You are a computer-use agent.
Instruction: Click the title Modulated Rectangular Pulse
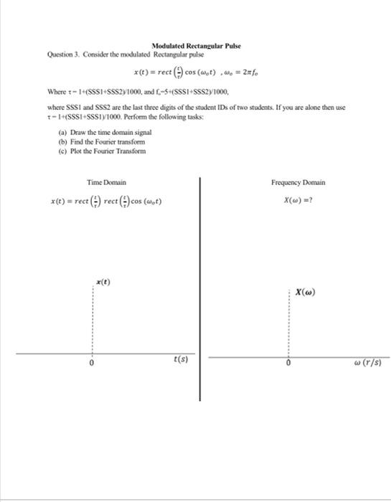(196, 46)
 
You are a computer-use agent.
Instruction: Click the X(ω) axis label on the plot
(304, 292)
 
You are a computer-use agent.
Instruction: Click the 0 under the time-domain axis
(91, 363)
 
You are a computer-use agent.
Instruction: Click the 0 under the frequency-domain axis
(288, 363)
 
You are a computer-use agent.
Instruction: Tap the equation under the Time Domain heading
(106, 201)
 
